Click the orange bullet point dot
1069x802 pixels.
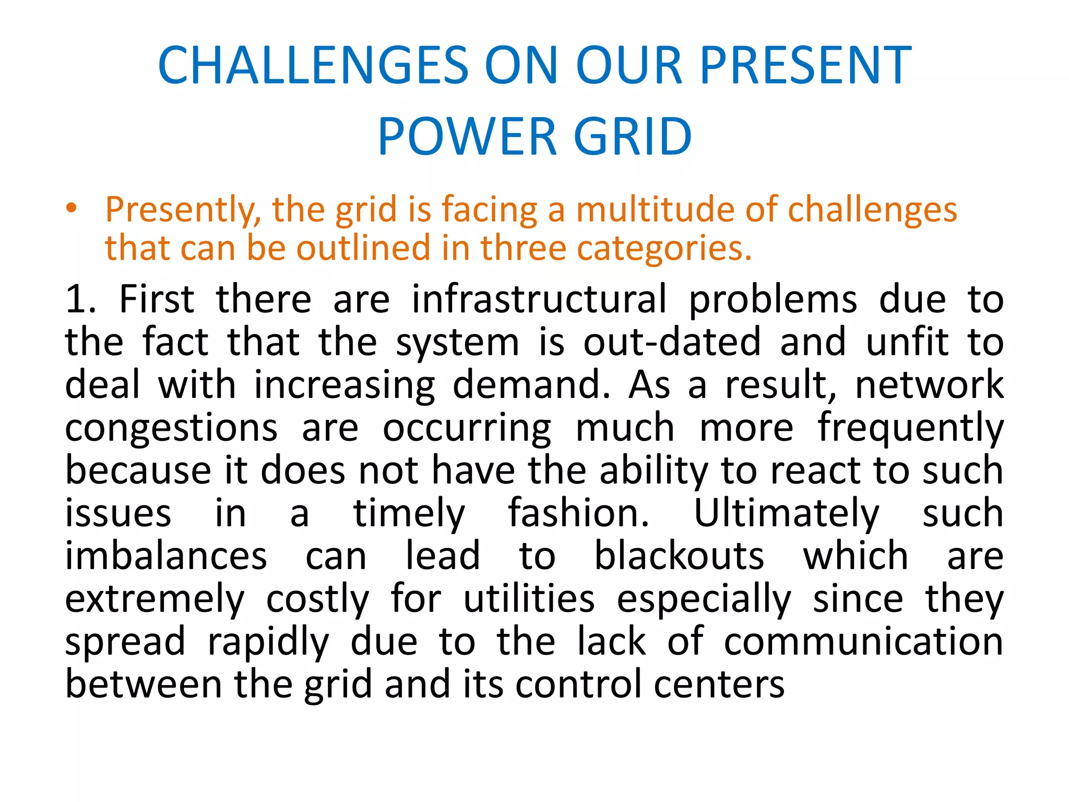click(x=72, y=208)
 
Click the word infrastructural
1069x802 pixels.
click(x=539, y=299)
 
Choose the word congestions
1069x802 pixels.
click(x=171, y=428)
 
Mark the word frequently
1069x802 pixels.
click(x=910, y=428)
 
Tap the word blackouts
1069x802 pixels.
click(x=679, y=556)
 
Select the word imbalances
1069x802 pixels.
click(x=166, y=556)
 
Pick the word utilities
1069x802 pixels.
click(x=529, y=599)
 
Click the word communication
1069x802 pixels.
click(x=863, y=642)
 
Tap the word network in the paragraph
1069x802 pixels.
click(x=929, y=385)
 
